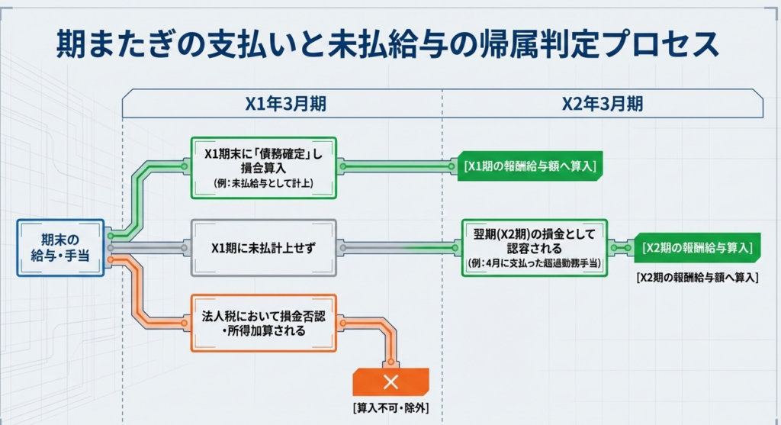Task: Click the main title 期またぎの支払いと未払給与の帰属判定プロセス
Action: point(388,45)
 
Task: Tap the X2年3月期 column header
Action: point(602,104)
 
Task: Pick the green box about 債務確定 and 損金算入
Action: point(264,166)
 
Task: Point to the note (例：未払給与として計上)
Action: point(264,184)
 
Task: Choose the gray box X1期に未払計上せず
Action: point(264,248)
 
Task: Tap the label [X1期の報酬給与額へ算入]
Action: point(529,166)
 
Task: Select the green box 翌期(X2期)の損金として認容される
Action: point(534,246)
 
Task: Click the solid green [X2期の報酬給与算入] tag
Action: point(698,248)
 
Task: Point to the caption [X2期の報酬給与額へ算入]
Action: point(697,279)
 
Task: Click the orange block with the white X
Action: point(390,382)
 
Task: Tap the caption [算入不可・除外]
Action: point(390,407)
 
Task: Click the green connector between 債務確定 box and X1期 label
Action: point(397,166)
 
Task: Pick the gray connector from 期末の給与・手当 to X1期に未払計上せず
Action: point(149,248)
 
